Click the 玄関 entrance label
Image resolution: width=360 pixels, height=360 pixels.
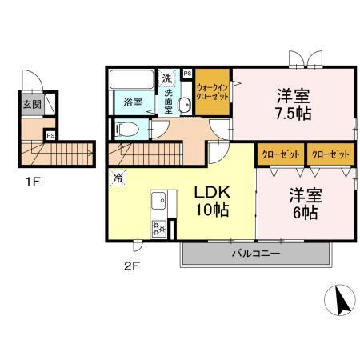click(x=31, y=104)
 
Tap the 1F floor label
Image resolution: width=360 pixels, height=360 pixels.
click(x=32, y=181)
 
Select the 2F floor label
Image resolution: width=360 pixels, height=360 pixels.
click(x=132, y=267)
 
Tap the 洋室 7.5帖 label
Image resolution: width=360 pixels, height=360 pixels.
click(x=292, y=103)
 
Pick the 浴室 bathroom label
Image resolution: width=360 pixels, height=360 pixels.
click(x=134, y=102)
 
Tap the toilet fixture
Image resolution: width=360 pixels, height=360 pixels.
click(x=130, y=130)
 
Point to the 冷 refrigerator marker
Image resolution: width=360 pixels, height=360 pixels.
click(x=118, y=178)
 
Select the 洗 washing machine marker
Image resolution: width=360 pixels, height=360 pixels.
click(x=166, y=78)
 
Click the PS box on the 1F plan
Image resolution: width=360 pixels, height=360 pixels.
click(x=50, y=134)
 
